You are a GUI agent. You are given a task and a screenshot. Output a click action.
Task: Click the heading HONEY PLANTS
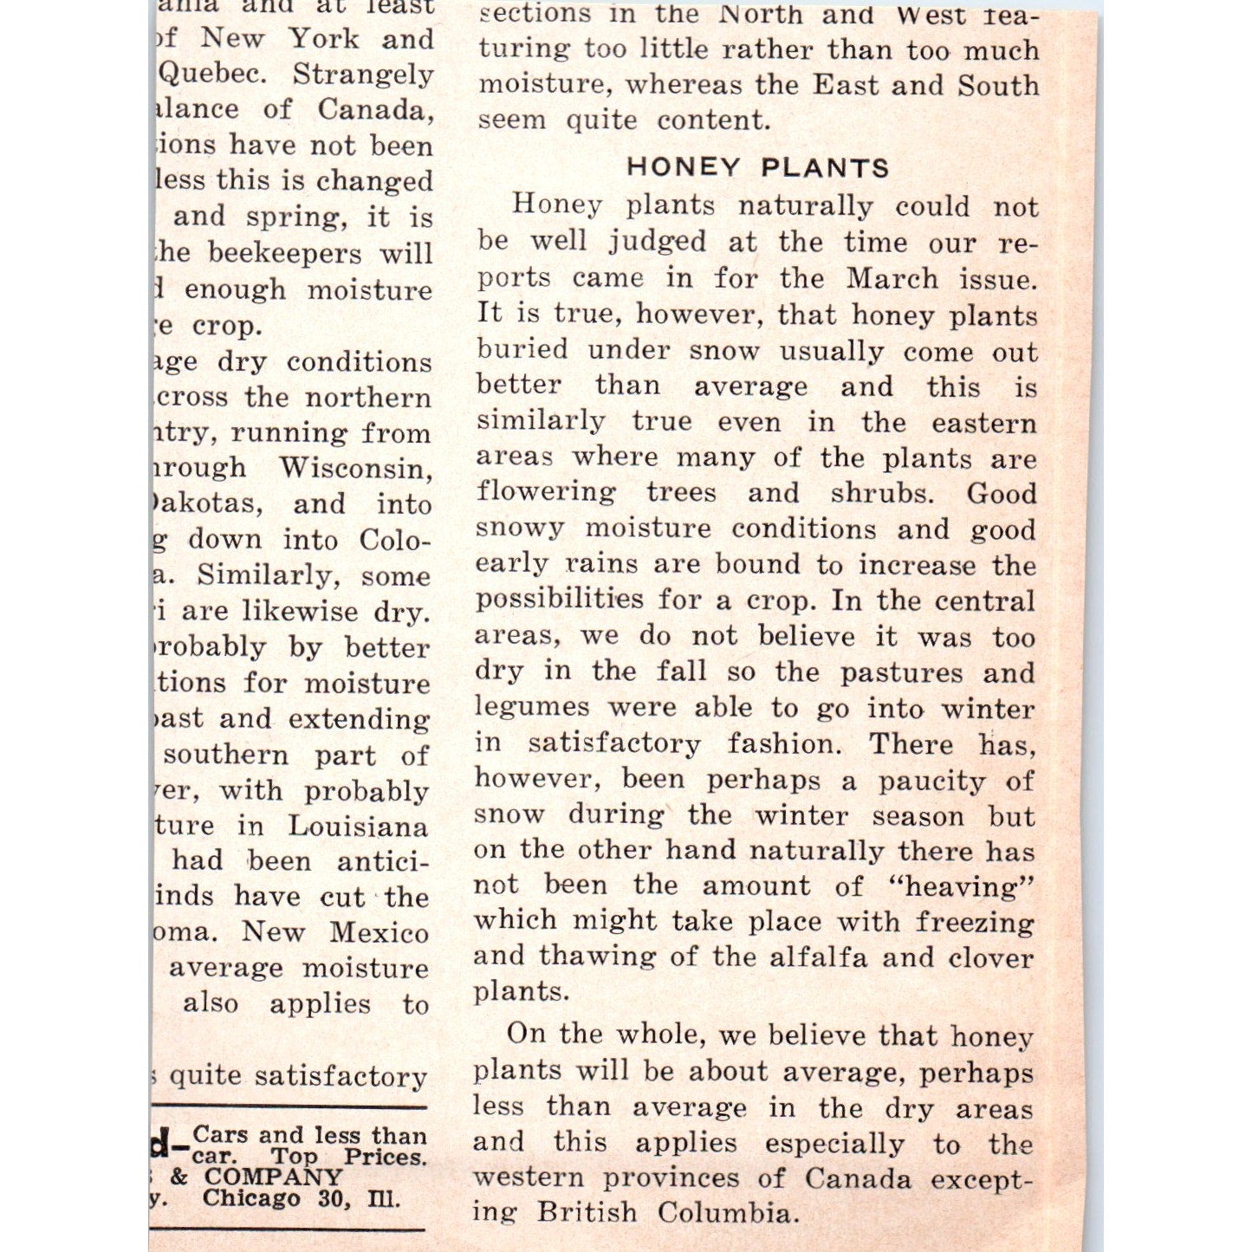(x=758, y=166)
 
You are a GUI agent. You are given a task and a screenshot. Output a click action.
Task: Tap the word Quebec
(x=212, y=74)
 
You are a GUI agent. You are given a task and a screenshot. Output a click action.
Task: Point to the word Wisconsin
(x=355, y=468)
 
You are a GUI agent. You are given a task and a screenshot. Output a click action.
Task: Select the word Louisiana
(x=358, y=826)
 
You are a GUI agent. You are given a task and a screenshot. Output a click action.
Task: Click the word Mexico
(x=379, y=932)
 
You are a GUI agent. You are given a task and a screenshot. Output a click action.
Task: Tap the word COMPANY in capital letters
(x=274, y=1177)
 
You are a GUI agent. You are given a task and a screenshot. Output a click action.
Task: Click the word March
(x=892, y=278)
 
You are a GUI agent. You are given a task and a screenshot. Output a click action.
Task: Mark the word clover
(x=991, y=957)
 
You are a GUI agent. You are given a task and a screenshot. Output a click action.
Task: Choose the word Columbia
(x=725, y=1211)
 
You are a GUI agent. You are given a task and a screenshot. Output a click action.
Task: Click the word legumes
(x=532, y=708)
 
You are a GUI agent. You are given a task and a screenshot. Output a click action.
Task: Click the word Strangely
(x=363, y=74)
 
